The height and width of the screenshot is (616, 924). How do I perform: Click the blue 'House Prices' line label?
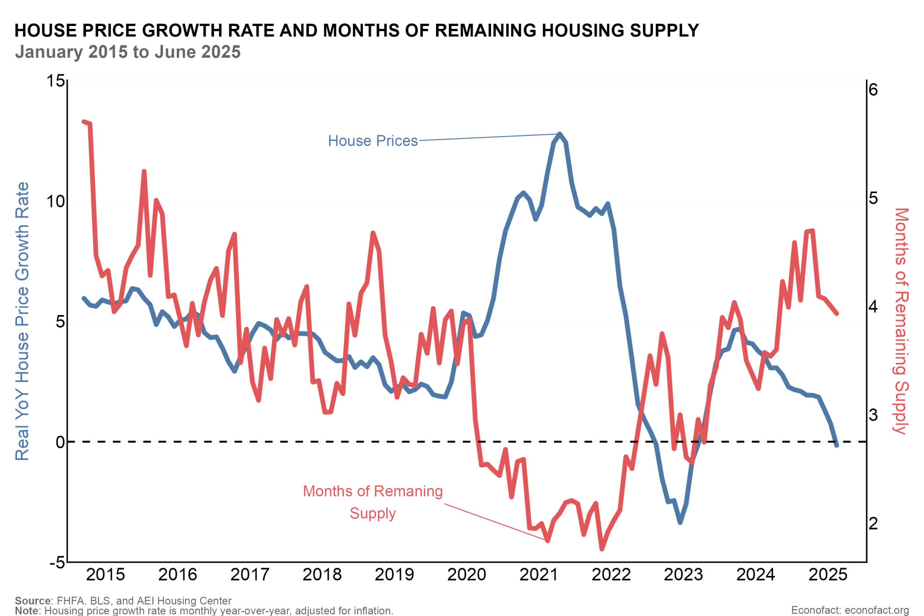click(x=372, y=141)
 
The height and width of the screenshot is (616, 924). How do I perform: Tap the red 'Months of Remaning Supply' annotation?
click(x=372, y=502)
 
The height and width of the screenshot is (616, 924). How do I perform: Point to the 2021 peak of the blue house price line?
click(x=560, y=134)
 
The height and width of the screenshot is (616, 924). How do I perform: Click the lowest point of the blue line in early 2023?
click(x=680, y=523)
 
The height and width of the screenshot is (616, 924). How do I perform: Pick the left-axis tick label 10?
click(x=55, y=201)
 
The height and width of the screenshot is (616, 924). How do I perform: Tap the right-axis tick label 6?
click(x=873, y=90)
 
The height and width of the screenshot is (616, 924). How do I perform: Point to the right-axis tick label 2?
click(x=873, y=523)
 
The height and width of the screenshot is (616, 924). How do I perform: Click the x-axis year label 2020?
click(x=467, y=575)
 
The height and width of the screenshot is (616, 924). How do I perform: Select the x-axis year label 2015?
click(x=105, y=575)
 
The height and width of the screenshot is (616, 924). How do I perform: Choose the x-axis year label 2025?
click(x=828, y=575)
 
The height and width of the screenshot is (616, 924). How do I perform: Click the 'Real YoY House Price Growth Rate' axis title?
click(x=22, y=321)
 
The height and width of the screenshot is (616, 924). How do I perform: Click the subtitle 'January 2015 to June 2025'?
click(x=128, y=52)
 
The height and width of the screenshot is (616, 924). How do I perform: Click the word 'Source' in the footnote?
click(x=32, y=601)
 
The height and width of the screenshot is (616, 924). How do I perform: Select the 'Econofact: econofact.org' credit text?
click(x=850, y=610)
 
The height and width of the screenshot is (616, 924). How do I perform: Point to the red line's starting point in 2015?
click(x=84, y=122)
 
